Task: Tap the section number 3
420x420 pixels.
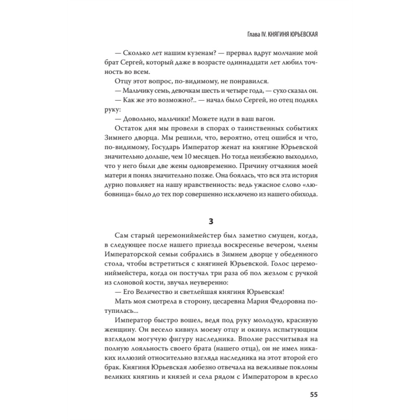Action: click(210, 221)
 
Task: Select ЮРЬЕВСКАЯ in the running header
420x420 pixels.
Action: click(300, 34)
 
